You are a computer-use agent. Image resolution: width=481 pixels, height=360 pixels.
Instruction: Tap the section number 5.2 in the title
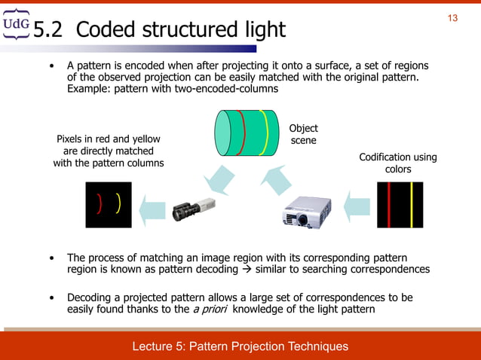[50, 30]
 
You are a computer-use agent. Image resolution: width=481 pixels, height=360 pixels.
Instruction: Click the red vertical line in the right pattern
[388, 204]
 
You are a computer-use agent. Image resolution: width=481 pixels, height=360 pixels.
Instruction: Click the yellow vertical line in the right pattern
[411, 204]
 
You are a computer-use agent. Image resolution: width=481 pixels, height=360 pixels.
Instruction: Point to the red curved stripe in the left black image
[99, 203]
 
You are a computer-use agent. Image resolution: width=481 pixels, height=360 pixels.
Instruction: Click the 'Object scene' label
[304, 135]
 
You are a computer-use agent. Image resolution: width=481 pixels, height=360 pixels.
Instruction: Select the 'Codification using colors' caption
[397, 163]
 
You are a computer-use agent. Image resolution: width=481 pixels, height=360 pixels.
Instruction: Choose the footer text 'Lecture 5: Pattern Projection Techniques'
[240, 346]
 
